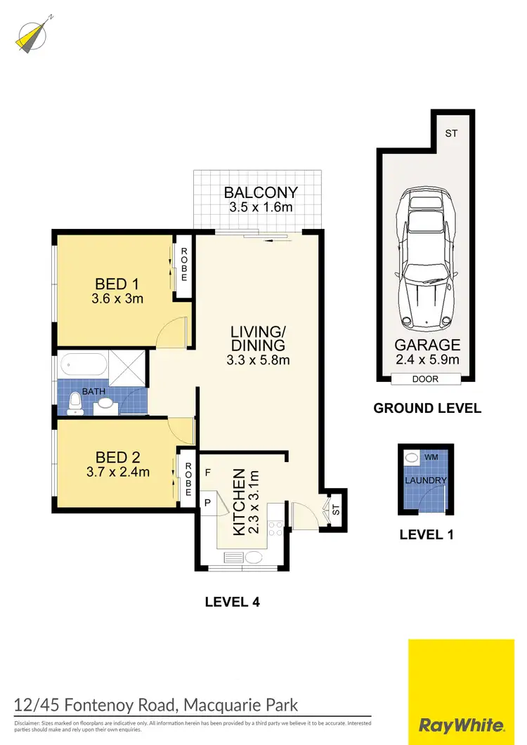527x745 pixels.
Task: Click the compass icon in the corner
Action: coord(29,34)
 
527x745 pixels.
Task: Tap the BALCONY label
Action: coord(260,192)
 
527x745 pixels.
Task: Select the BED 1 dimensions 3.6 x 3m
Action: coord(117,298)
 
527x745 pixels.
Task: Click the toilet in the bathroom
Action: coord(75,402)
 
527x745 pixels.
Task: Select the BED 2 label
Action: coord(117,457)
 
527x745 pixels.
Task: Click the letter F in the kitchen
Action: coord(207,473)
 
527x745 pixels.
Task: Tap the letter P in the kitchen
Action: coord(208,502)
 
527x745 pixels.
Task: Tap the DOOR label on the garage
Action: coord(426,379)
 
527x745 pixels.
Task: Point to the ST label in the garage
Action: coord(450,132)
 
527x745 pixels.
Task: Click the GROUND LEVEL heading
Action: coord(427,408)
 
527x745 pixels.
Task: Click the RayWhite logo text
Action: coord(460,725)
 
